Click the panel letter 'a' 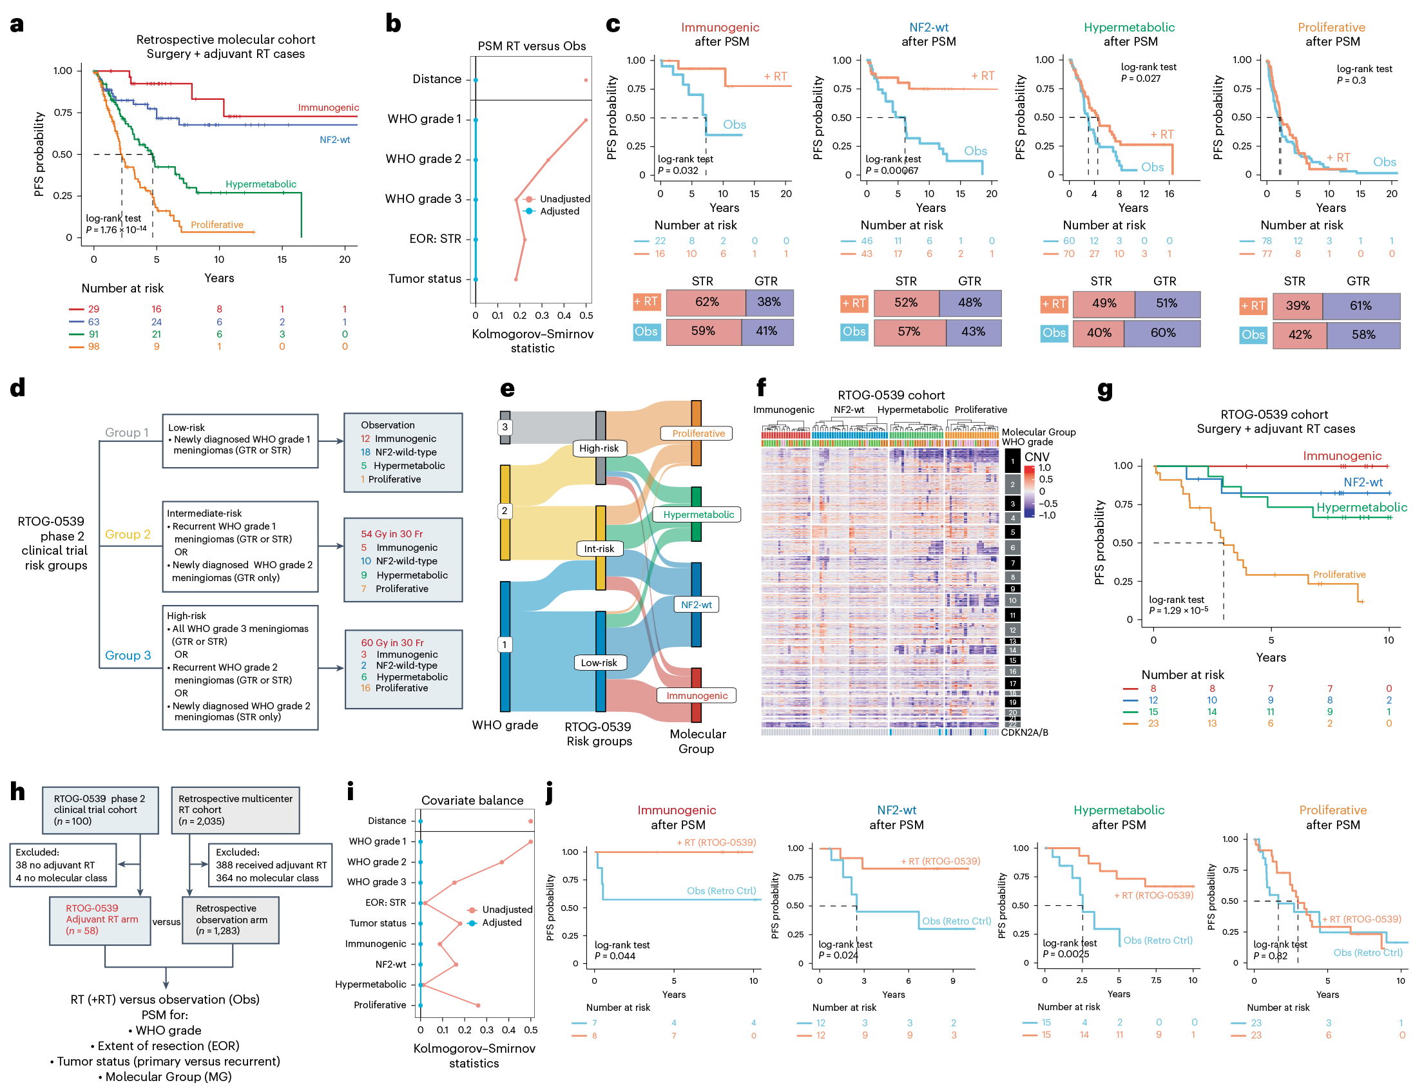pos(17,24)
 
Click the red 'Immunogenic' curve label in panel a pos(328,107)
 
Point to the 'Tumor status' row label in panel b pos(425,279)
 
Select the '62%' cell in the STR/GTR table pos(706,302)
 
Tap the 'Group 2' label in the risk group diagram pos(128,534)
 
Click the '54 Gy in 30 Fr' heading pos(391,533)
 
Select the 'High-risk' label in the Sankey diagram pos(599,448)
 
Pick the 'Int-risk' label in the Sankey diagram pos(599,549)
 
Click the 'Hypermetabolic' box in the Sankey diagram pos(698,515)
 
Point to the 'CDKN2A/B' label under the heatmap pos(1025,733)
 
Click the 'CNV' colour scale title pos(1037,457)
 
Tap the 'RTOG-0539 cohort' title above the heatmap pos(890,395)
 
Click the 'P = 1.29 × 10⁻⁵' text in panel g pos(1179,610)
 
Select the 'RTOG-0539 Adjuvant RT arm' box pos(99,920)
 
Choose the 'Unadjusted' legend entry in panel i pos(507,909)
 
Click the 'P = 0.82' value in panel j pos(1270,956)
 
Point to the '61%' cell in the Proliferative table pos(1360,305)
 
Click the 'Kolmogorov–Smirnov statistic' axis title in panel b pos(532,341)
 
